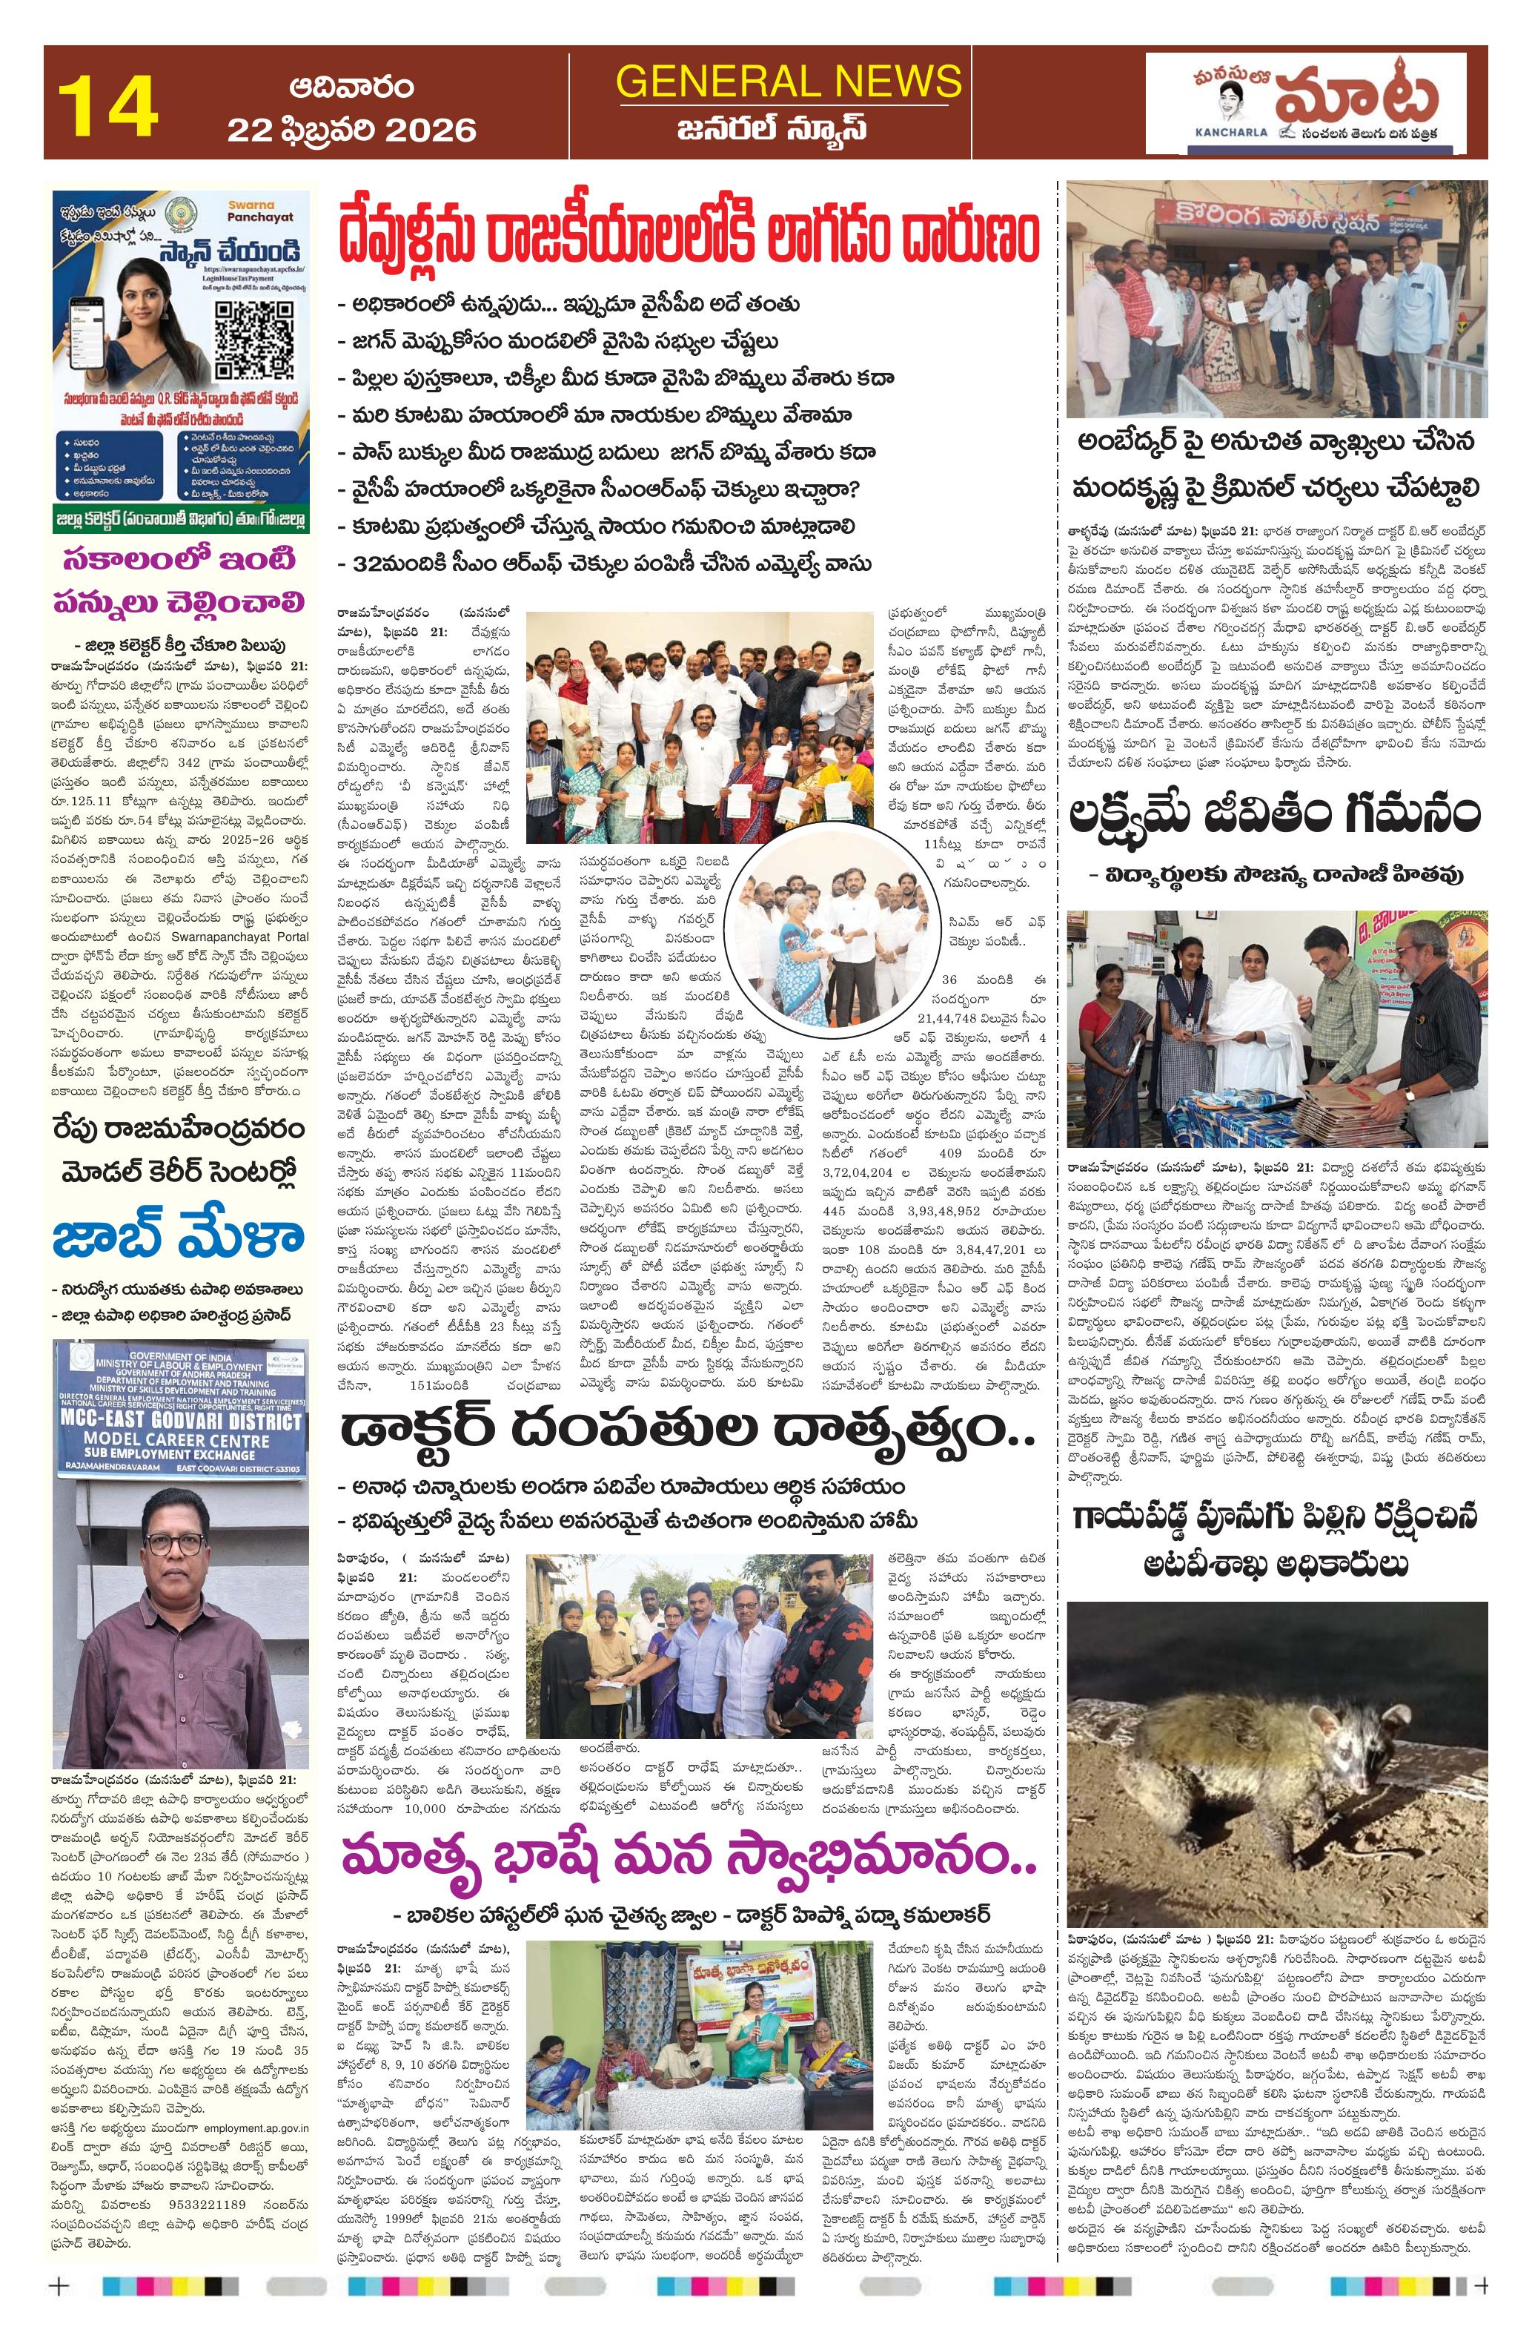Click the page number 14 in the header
[x=108, y=106]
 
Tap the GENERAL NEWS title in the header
[x=788, y=82]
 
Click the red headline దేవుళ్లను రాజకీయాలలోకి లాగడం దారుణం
[x=687, y=234]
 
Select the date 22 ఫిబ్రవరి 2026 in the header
[x=351, y=130]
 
